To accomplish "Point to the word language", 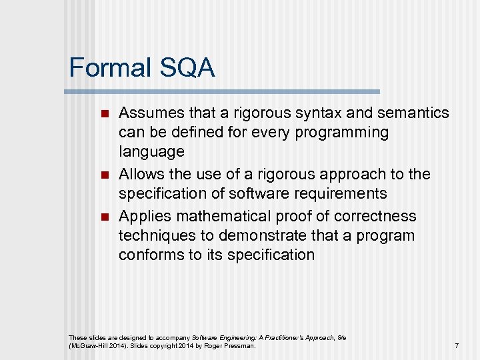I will (x=151, y=152).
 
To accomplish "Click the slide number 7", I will (x=457, y=346).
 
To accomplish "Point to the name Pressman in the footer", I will (x=239, y=346).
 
